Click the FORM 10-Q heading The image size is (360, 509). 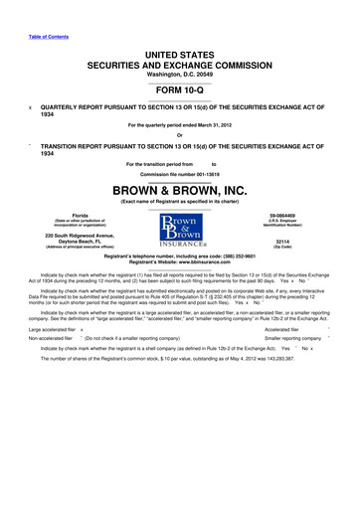coord(179,88)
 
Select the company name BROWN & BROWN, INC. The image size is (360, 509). coord(179,188)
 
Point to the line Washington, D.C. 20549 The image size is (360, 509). coord(179,74)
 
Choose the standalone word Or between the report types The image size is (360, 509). coord(179,136)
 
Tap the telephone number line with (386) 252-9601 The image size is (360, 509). coord(179,255)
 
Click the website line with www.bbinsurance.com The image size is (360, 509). coord(179,261)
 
